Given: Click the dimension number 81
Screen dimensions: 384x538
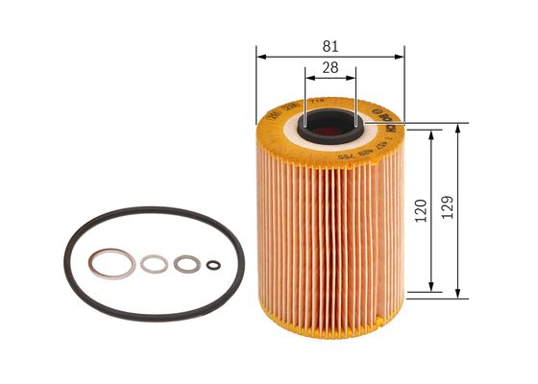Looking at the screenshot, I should pos(330,45).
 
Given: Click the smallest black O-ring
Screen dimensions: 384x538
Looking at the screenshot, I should pos(214,266).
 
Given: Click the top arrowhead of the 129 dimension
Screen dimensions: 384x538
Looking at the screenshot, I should pos(456,126).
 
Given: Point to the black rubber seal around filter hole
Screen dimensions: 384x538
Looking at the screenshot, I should pos(330,114).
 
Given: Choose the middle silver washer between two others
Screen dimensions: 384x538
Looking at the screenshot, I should pos(154,262).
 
